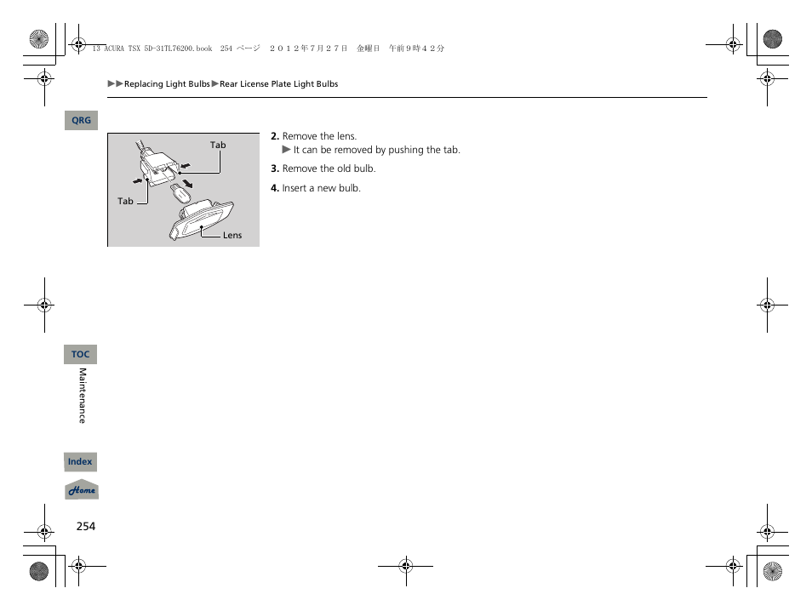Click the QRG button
pos(81,121)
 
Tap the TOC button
pos(80,354)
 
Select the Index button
pos(80,462)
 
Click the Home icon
pos(82,490)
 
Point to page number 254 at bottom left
pos(85,526)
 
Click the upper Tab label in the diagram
pos(218,145)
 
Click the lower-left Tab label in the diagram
pos(125,202)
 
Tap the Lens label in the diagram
pos(232,236)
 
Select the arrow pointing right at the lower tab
pos(136,181)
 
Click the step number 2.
pos(275,136)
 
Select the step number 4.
pos(275,188)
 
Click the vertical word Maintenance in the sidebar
pos(83,396)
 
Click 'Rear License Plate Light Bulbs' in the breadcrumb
pos(278,84)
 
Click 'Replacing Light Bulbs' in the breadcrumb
pos(167,84)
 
